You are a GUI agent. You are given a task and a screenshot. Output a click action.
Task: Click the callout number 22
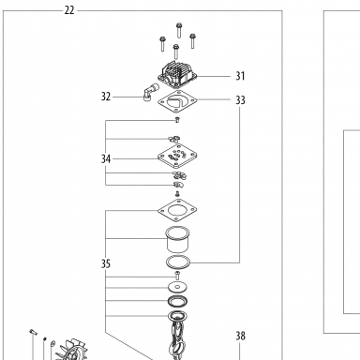click(x=69, y=10)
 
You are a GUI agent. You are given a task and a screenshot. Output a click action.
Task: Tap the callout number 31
click(x=240, y=76)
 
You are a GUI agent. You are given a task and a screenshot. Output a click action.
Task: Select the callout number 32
click(x=106, y=97)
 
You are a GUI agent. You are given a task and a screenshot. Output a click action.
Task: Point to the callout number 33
click(x=240, y=100)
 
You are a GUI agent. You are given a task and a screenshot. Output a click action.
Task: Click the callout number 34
click(x=106, y=159)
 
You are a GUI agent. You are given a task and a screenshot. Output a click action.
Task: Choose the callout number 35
click(x=106, y=264)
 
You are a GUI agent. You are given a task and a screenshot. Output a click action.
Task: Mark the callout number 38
click(x=240, y=336)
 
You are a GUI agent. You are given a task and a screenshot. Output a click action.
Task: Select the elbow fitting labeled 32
click(x=151, y=92)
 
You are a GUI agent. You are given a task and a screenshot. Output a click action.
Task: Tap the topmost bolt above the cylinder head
click(x=179, y=30)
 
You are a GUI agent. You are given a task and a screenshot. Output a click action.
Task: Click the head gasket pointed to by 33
click(x=177, y=101)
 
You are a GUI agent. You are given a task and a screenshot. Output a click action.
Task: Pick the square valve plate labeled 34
click(x=177, y=156)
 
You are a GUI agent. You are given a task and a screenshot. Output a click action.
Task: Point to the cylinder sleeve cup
click(x=177, y=239)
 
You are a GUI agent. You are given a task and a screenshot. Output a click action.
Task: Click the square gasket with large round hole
click(x=177, y=210)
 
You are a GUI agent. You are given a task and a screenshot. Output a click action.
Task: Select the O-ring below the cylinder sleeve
click(x=178, y=262)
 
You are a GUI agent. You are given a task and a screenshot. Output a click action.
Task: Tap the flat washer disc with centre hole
click(x=177, y=287)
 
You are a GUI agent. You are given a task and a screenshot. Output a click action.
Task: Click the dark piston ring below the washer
click(x=177, y=301)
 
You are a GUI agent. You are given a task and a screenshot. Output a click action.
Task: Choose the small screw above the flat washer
click(x=177, y=276)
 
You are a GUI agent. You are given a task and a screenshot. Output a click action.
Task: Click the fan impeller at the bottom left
click(x=71, y=350)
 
